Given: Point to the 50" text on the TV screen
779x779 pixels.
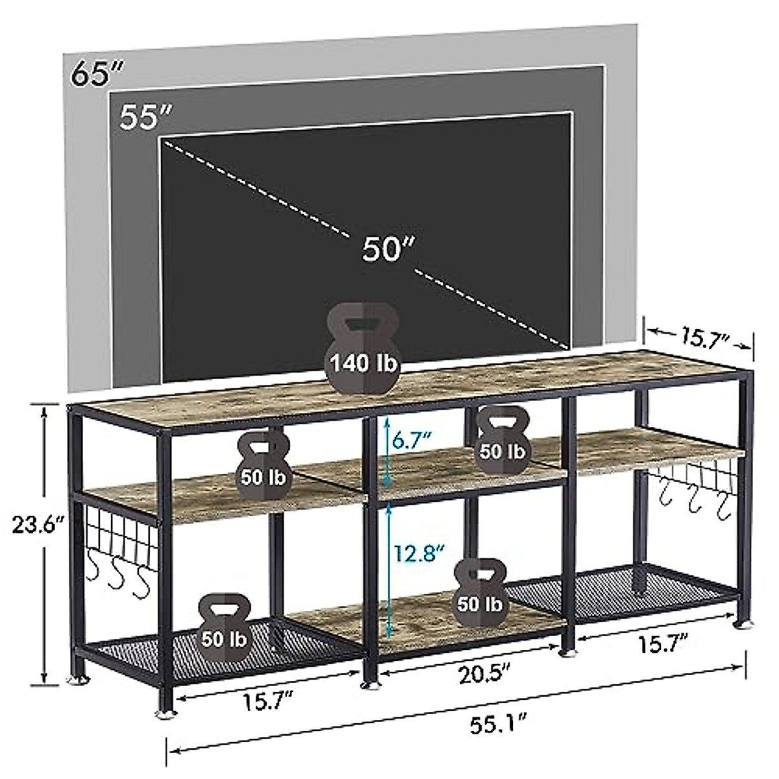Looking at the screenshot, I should click(388, 249).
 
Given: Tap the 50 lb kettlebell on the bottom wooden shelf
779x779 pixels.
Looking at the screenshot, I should click(479, 592).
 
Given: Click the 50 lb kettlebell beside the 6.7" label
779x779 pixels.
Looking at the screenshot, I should click(501, 438).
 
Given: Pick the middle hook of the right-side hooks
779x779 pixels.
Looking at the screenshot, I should click(695, 504).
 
